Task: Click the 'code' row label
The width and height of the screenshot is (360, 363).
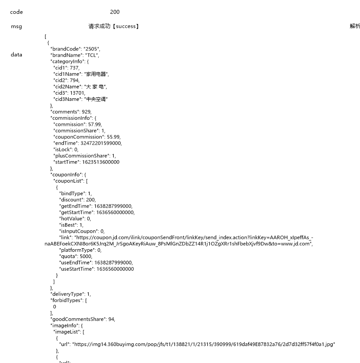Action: [x=16, y=12]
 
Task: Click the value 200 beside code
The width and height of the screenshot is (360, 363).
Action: [x=115, y=12]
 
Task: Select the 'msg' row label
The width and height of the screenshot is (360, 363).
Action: [x=16, y=26]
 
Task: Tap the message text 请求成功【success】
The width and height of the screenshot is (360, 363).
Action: [x=114, y=26]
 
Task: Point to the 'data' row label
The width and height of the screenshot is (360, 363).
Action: [x=16, y=54]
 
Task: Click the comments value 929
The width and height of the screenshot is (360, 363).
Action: [x=87, y=112]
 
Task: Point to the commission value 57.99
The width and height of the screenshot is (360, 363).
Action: [x=95, y=124]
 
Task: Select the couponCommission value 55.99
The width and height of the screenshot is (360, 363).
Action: [x=113, y=137]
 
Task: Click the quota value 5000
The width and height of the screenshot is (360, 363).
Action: [x=86, y=256]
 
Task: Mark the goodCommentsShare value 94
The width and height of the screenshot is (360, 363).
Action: [x=112, y=319]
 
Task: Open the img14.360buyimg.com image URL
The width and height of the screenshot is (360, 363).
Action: [x=203, y=344]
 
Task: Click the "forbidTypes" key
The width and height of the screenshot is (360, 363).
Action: [x=66, y=300]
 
